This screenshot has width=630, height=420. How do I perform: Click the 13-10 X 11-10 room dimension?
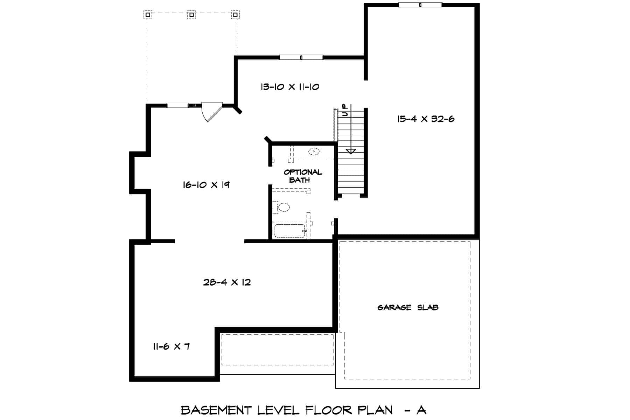pos(290,87)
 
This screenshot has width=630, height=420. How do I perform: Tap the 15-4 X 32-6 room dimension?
pos(426,119)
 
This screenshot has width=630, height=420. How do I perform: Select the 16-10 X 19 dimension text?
pos(206,185)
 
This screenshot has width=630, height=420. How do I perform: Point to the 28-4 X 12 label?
pos(227,282)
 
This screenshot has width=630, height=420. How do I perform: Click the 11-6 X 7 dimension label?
pos(171,346)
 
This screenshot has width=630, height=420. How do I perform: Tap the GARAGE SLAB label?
pos(408,307)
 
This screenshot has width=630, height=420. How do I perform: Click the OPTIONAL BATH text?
pos(302,176)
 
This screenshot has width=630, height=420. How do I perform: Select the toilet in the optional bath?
pos(282,207)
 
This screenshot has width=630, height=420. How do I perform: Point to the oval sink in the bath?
pos(314,152)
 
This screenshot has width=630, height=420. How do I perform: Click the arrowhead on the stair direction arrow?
pos(351,151)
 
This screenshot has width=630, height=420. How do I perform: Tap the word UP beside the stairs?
pos(345,110)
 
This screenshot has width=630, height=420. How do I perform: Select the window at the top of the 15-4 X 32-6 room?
pos(420,5)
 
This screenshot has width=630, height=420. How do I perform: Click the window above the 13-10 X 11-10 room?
pos(301,57)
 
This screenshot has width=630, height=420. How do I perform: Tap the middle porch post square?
pos(191,15)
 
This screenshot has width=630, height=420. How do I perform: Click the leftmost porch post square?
pos(148,15)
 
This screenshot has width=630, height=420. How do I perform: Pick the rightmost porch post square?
pos(235,15)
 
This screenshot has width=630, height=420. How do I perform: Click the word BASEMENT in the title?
pos(216,410)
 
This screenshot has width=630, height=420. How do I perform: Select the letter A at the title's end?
pos(421,410)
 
